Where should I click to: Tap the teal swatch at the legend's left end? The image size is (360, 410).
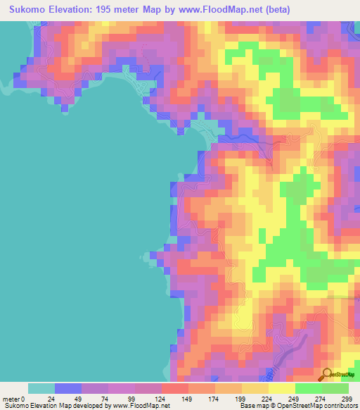[x=41, y=388]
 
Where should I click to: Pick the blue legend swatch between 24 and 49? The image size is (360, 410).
[x=68, y=388]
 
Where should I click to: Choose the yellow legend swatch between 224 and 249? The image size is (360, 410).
[x=282, y=388]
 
